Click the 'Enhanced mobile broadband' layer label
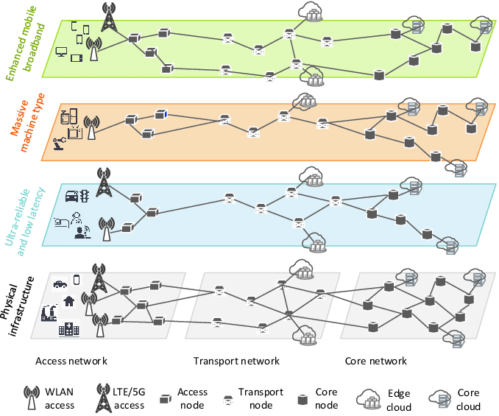pyautogui.click(x=26, y=43)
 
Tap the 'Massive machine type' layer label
pyautogui.click(x=27, y=123)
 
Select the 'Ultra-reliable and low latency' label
pyautogui.click(x=25, y=222)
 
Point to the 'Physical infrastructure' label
pyautogui.click(x=16, y=306)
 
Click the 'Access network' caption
pyautogui.click(x=71, y=361)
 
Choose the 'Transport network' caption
pyautogui.click(x=236, y=361)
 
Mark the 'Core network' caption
pyautogui.click(x=376, y=361)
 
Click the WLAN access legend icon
pyautogui.click(x=32, y=398)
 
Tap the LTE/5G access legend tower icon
pyautogui.click(x=104, y=398)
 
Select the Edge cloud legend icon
pyautogui.click(x=369, y=399)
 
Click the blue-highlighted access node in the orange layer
pyautogui.click(x=161, y=114)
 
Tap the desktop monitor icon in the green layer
pyautogui.click(x=61, y=52)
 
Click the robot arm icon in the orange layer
pyautogui.click(x=59, y=144)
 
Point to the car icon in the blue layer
pyautogui.click(x=71, y=196)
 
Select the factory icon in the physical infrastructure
pyautogui.click(x=49, y=313)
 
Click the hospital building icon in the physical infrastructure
pyautogui.click(x=68, y=329)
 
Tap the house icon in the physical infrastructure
pyautogui.click(x=68, y=301)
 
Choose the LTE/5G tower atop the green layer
pyautogui.click(x=109, y=17)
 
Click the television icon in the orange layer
pyautogui.click(x=75, y=133)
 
